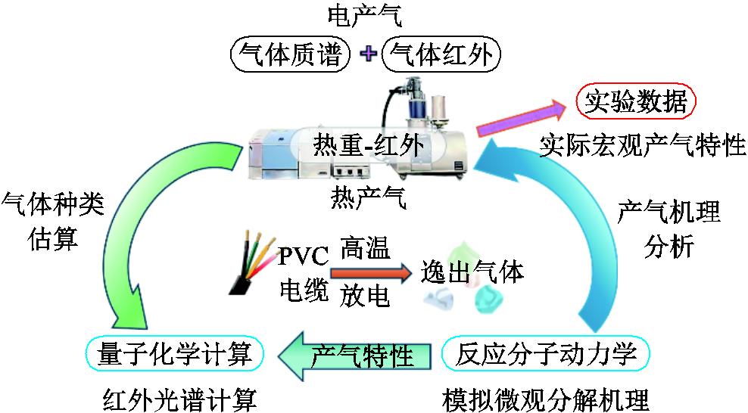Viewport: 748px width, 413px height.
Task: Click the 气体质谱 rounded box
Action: [x=291, y=54]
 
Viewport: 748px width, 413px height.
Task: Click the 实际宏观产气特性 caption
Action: [x=642, y=145]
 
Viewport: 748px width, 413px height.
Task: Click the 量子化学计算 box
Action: [x=175, y=353]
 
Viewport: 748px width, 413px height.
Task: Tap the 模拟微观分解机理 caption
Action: [x=545, y=397]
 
